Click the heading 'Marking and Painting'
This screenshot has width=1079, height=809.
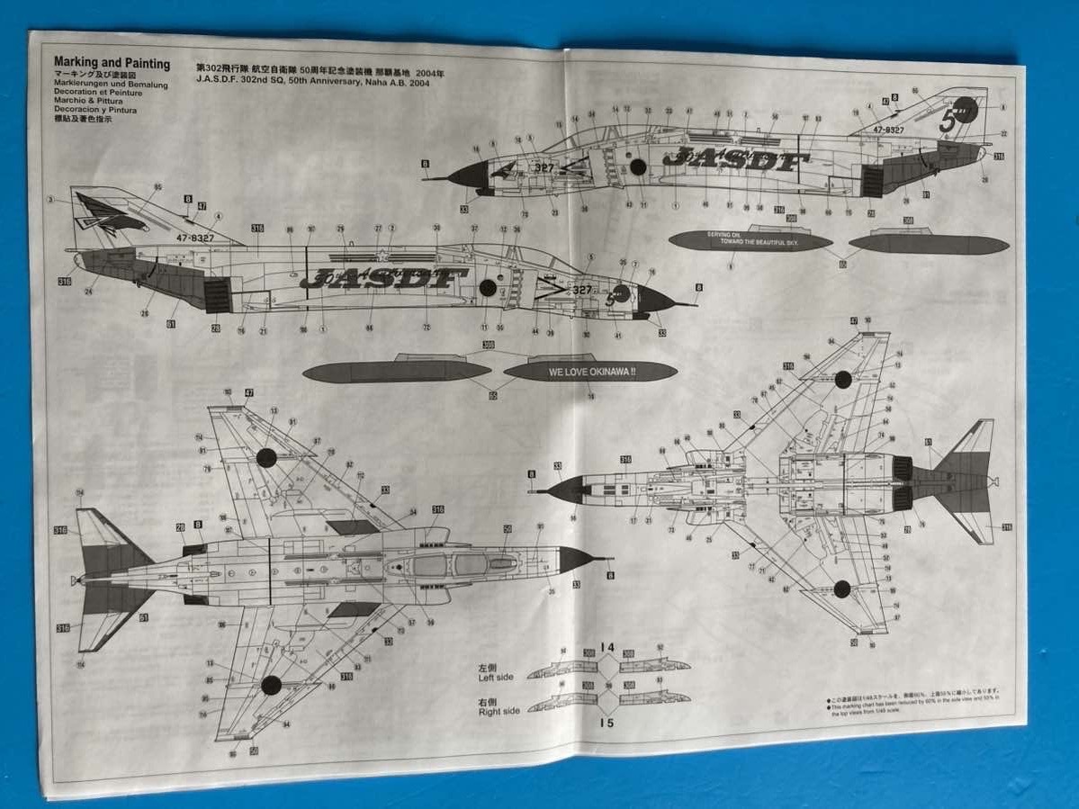coord(112,65)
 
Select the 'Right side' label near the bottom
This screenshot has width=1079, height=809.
coord(499,707)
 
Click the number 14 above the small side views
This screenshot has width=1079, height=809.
coord(607,647)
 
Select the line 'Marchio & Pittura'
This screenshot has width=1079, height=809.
coord(88,101)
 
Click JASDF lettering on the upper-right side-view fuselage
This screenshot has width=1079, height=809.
coord(730,159)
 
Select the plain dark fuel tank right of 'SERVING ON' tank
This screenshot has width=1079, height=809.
coord(929,244)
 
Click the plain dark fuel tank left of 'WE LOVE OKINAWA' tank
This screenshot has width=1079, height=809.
coord(396,371)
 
